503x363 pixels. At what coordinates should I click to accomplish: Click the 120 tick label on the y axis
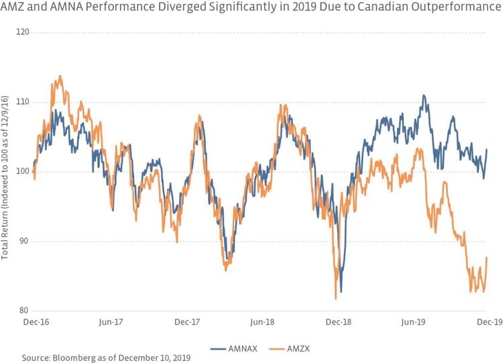19,32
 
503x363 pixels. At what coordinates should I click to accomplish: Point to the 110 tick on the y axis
19,101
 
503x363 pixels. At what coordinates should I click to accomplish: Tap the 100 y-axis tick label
19,171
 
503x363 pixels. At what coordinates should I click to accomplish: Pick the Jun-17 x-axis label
110,321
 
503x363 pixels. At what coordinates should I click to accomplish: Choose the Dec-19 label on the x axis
489,321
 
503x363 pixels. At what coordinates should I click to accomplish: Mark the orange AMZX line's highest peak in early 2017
60,76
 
